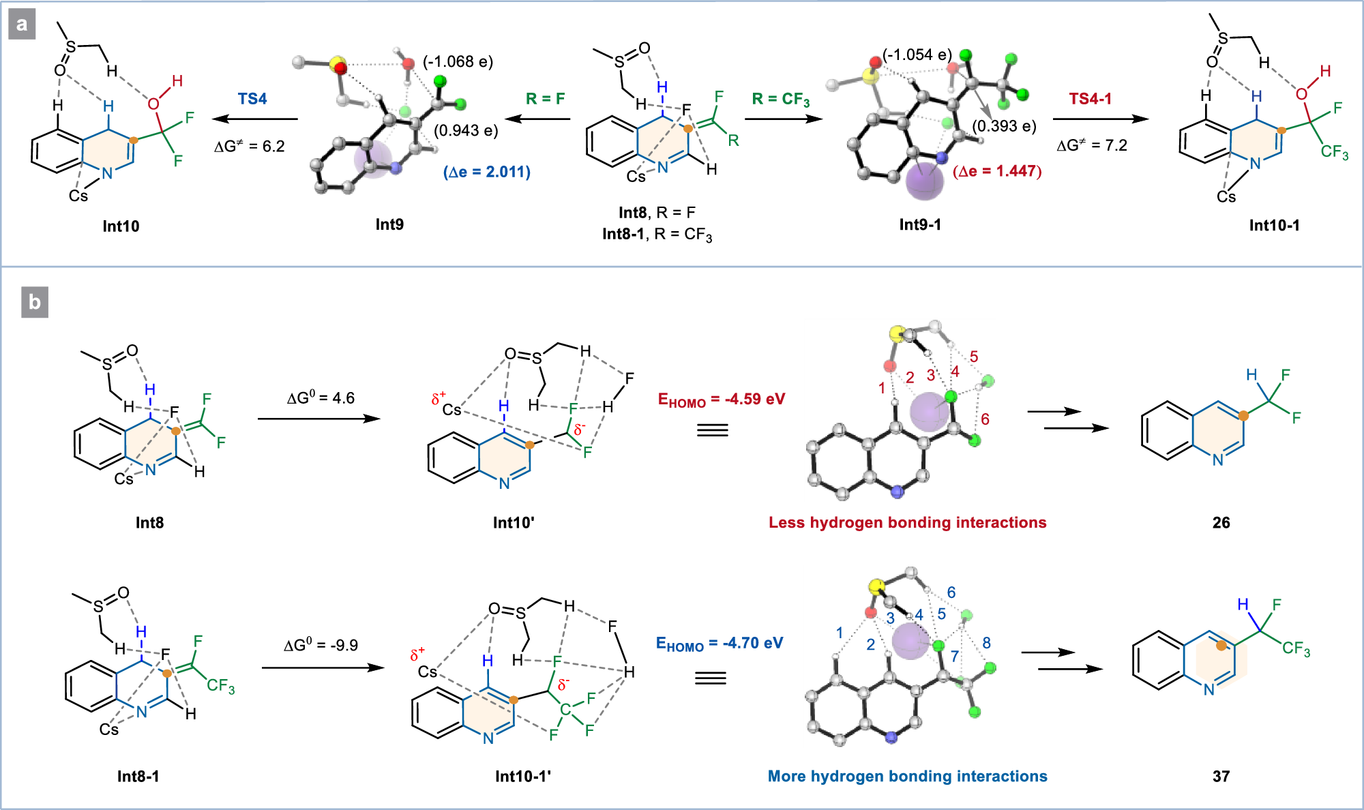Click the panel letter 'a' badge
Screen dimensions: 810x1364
click(22, 25)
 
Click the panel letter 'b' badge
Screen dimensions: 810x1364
click(34, 302)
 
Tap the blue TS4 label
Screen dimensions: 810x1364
click(252, 99)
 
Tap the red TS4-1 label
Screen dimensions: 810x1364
click(1090, 99)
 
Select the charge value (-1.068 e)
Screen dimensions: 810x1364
click(458, 62)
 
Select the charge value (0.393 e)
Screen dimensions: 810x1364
click(1004, 126)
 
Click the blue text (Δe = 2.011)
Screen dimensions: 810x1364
click(486, 172)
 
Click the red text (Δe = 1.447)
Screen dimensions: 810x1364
click(997, 171)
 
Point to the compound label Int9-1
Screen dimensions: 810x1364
click(920, 224)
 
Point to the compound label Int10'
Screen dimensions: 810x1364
click(514, 522)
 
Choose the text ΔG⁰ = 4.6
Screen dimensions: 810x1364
click(321, 398)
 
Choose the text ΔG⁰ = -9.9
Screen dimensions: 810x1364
click(321, 645)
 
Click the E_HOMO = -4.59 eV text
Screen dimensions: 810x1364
click(721, 400)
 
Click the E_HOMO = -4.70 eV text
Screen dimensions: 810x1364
click(719, 643)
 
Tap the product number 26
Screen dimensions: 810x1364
click(1221, 522)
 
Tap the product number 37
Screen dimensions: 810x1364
click(1221, 776)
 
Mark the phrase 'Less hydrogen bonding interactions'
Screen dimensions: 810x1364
click(907, 522)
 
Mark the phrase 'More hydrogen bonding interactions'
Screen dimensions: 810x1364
click(907, 776)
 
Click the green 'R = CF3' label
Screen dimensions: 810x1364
click(780, 100)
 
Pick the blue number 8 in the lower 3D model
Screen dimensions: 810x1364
click(986, 642)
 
